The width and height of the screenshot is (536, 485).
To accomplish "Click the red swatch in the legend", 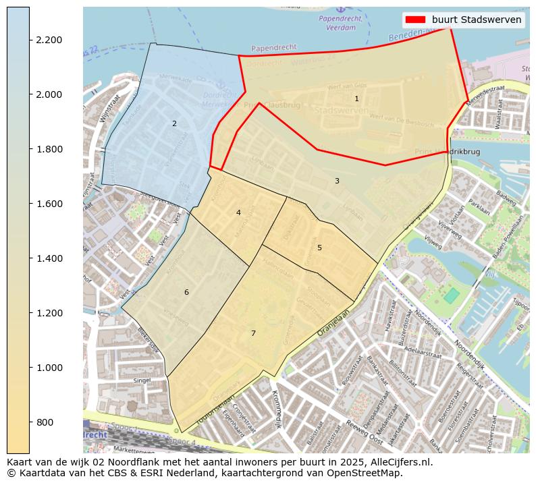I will (x=414, y=20).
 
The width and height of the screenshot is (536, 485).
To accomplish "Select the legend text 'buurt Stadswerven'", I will (x=477, y=20).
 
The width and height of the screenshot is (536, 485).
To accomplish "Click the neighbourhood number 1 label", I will (x=356, y=98).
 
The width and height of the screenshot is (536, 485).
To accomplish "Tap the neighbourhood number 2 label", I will (x=174, y=123).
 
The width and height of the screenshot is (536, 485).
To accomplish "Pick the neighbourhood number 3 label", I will (x=337, y=181).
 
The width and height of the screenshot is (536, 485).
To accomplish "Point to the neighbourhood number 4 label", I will (x=238, y=212).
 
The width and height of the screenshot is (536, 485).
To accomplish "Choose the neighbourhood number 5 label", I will (x=319, y=248).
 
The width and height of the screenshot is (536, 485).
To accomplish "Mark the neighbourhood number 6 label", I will (x=186, y=292).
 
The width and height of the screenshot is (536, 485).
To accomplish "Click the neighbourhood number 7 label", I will (x=253, y=333).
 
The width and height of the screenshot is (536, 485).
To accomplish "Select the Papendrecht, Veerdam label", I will (x=341, y=24).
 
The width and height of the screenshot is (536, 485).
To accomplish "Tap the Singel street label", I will (x=142, y=380).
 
